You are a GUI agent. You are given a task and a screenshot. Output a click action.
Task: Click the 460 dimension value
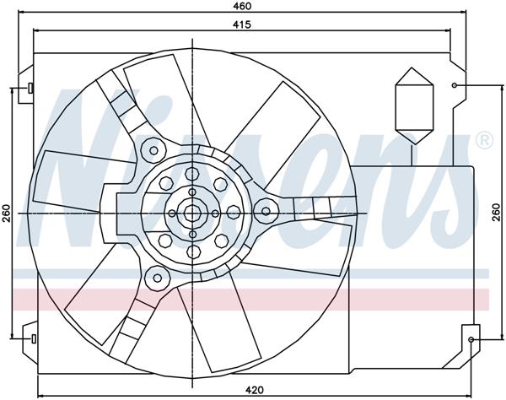click(x=246, y=7)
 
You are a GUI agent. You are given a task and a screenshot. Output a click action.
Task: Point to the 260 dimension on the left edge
click(x=7, y=214)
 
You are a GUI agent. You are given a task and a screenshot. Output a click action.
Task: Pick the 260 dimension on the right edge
click(x=498, y=214)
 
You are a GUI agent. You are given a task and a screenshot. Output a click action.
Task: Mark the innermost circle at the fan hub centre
click(x=193, y=214)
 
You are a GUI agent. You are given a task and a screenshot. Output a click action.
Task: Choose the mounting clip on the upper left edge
click(x=29, y=88)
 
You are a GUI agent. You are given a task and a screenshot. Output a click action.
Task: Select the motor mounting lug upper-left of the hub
click(x=153, y=151)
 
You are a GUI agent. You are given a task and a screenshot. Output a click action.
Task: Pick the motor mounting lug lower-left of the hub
click(x=155, y=275)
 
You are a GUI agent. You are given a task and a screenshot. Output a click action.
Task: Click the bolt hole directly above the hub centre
click(x=193, y=173)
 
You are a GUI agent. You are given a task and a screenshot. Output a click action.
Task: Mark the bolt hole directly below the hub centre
click(x=193, y=252)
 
